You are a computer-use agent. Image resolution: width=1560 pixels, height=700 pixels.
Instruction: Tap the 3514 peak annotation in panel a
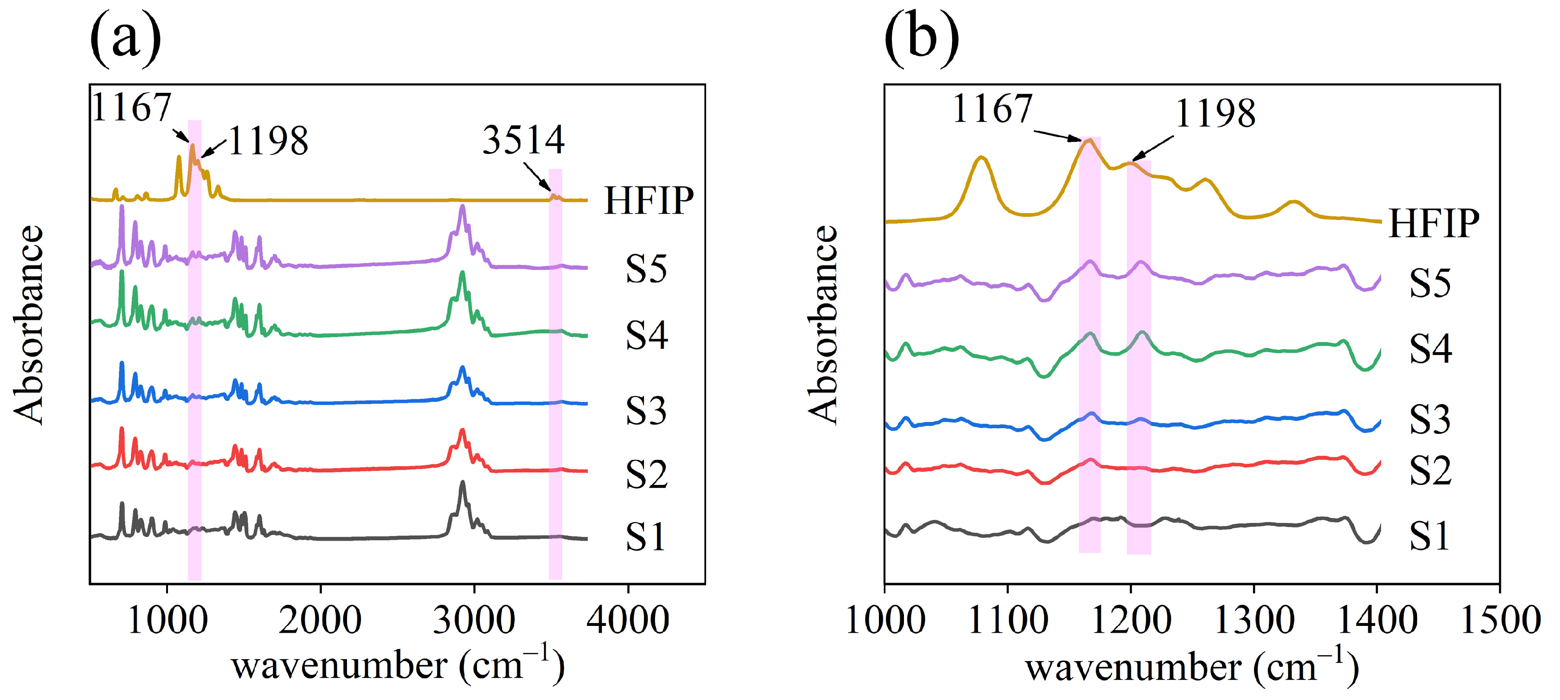tap(524, 140)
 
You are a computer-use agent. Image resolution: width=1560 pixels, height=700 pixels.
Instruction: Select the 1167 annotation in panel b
tap(992, 110)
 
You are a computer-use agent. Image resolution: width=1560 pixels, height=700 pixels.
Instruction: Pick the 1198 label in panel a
tap(268, 141)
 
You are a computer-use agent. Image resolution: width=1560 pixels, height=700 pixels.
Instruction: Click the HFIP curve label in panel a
tap(648, 201)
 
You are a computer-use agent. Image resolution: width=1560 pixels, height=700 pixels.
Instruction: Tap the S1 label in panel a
tap(645, 536)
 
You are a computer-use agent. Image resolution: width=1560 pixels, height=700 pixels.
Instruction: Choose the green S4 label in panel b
tap(1431, 349)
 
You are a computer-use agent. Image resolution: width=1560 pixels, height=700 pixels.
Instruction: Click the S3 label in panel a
tap(646, 411)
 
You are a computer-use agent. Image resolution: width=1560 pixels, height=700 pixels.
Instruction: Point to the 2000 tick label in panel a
tap(320, 621)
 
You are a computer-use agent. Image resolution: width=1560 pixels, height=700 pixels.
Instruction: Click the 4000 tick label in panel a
tap(628, 621)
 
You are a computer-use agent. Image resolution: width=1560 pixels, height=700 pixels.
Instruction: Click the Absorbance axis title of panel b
tap(823, 325)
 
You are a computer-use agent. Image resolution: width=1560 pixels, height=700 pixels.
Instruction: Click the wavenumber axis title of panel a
tap(398, 666)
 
